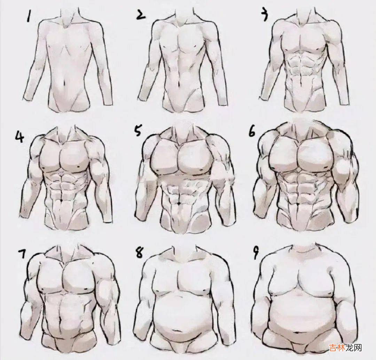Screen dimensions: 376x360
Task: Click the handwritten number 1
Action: [x=29, y=16]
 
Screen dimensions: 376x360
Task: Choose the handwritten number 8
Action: [x=139, y=252]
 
